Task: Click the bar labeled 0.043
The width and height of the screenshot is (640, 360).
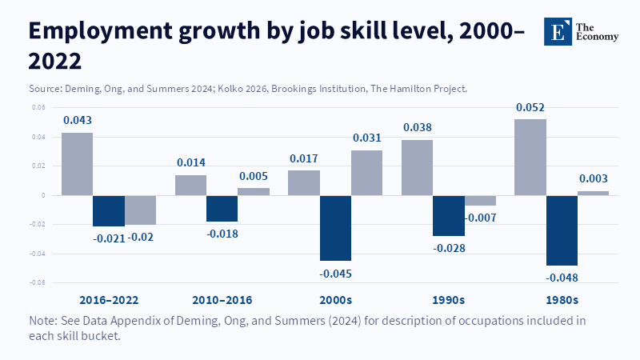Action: (77, 164)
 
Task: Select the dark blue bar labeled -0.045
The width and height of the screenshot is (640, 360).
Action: (336, 228)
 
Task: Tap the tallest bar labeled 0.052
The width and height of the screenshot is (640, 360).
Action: (530, 157)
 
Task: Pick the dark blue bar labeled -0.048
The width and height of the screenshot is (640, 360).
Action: (562, 230)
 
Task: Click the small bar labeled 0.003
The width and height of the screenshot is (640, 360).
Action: (593, 193)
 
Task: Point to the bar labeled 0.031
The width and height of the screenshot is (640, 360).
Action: (367, 173)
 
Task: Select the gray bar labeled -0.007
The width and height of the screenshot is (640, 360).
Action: (480, 201)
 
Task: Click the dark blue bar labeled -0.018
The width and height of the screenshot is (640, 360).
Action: (222, 209)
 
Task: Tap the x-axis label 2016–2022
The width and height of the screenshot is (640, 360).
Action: (109, 300)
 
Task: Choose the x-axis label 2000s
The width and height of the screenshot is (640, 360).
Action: (335, 300)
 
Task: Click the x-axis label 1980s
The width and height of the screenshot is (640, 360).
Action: (562, 300)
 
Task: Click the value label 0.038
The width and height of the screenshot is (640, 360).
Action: (417, 126)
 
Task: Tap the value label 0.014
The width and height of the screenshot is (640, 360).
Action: (190, 161)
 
